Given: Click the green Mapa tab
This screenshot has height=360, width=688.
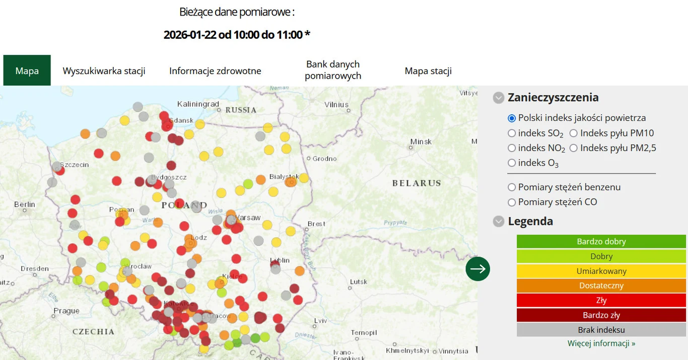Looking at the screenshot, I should [x=27, y=70].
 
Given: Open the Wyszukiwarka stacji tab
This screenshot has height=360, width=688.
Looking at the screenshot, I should [x=104, y=70].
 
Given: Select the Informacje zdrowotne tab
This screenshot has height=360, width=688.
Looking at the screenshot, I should [x=215, y=70].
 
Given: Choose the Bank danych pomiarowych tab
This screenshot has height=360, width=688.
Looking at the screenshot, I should [x=333, y=70].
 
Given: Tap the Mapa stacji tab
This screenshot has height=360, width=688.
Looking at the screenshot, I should [x=428, y=70].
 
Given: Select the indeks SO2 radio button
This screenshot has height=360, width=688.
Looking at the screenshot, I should [x=512, y=133].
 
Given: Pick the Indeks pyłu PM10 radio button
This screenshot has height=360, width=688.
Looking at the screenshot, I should [x=574, y=133].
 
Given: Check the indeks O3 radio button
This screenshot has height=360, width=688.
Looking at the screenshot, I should [x=512, y=163].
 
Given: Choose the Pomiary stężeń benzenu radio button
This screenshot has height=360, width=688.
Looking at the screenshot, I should [x=512, y=187].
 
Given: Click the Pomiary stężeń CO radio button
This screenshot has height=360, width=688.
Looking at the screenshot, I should [x=512, y=202].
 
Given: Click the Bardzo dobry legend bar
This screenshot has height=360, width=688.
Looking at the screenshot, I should [x=601, y=242].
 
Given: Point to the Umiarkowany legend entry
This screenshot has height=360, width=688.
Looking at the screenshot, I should [x=601, y=271].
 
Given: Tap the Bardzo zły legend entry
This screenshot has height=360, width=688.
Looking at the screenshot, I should [x=601, y=315].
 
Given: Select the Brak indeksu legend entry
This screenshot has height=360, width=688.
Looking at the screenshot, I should [x=601, y=330].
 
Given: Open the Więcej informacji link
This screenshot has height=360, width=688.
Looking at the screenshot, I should [x=601, y=343].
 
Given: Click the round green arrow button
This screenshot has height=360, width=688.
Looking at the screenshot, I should [x=477, y=269].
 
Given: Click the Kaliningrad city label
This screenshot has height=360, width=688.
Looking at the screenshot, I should [x=198, y=104].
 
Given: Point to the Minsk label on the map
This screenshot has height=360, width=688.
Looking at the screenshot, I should [x=421, y=141].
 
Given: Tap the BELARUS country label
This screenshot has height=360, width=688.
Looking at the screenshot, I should [x=417, y=183].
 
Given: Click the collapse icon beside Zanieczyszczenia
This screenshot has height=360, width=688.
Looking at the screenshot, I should [x=499, y=98].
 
